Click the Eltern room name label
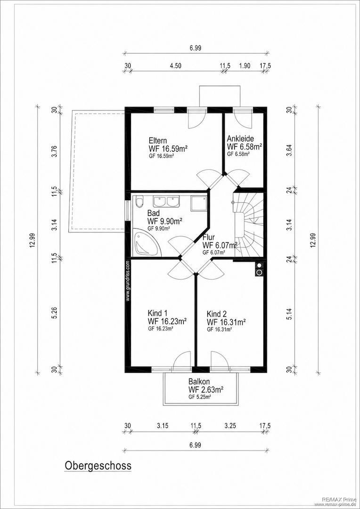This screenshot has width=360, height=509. [x=158, y=141]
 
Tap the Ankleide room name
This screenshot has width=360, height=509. [x=240, y=139]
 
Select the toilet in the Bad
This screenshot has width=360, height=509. [x=139, y=202]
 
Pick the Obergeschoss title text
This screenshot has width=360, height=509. [x=98, y=466]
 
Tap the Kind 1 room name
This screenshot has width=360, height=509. [x=157, y=313]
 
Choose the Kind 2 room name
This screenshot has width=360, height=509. [x=217, y=314]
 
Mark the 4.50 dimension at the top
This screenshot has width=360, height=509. [x=176, y=66]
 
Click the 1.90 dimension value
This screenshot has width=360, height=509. [x=245, y=66]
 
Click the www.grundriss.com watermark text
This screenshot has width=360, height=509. [x=128, y=282]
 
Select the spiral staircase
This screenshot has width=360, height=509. [x=248, y=225]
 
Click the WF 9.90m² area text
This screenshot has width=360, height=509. [x=164, y=222]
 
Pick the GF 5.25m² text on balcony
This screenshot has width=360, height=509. [x=200, y=397]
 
